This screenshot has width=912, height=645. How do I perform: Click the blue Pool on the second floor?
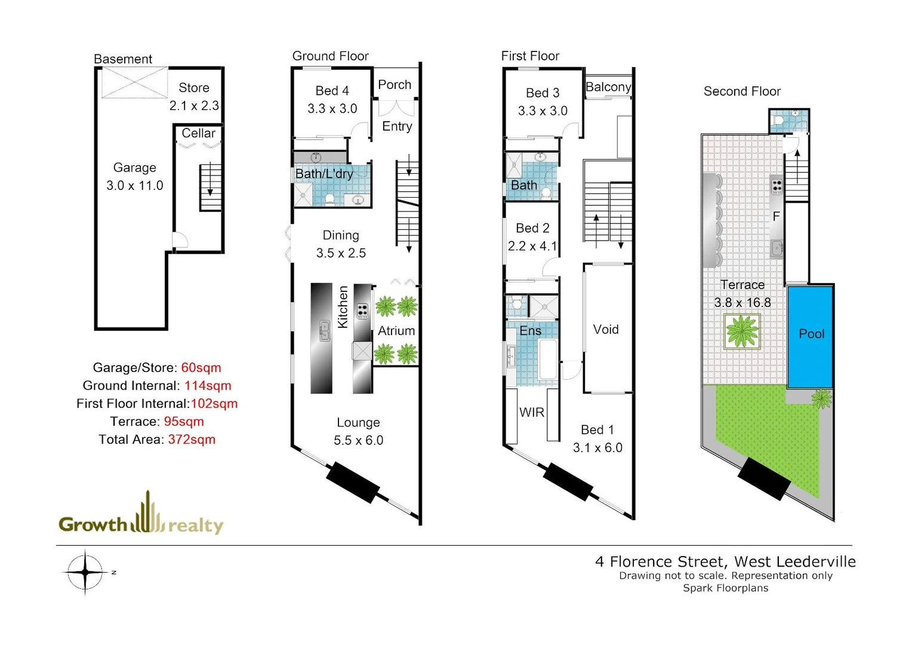810,336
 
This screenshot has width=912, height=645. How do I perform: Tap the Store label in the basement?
194,88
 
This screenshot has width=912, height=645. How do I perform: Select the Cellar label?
198,133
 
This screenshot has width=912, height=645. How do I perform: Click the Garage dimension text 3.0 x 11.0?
135,186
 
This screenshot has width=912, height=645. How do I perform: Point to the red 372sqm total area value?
192,440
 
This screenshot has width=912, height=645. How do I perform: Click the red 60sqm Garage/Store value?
201,368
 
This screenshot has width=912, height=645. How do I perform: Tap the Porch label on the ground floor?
395,85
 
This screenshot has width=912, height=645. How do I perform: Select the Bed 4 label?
332,91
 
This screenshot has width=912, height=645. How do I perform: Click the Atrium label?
396,331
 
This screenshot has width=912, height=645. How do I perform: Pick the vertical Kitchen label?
343,307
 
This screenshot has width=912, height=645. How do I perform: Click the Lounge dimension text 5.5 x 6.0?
358,441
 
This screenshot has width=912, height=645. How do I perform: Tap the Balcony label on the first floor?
608,87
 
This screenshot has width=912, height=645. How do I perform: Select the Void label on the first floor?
606,330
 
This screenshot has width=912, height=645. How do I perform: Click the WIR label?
531,413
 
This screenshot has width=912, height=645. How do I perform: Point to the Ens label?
530,331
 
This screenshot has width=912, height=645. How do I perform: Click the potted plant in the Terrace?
742,331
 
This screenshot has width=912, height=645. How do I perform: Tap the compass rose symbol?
85,572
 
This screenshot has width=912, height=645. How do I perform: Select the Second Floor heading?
742,91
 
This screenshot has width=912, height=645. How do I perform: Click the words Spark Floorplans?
725,588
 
